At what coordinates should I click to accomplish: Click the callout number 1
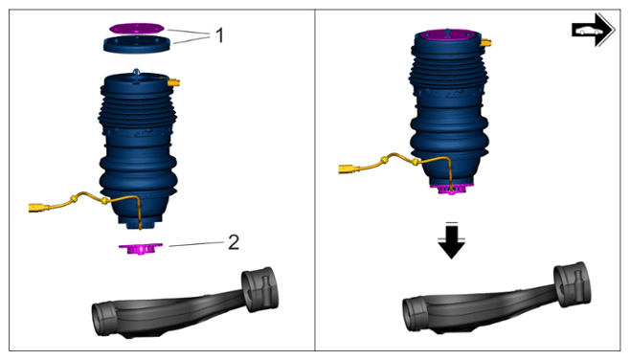point(219,35)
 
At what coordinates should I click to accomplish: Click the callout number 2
point(234,242)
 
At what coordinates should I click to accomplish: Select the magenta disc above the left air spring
point(137,28)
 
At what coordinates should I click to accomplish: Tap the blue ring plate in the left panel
point(137,44)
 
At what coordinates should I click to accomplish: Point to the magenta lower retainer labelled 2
point(141,248)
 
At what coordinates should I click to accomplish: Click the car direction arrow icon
point(593,30)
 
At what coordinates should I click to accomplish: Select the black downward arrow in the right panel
point(452,241)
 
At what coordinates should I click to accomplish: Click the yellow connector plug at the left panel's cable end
point(37,208)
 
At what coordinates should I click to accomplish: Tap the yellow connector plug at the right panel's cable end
point(348,169)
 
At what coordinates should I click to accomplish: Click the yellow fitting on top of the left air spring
point(174,82)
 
